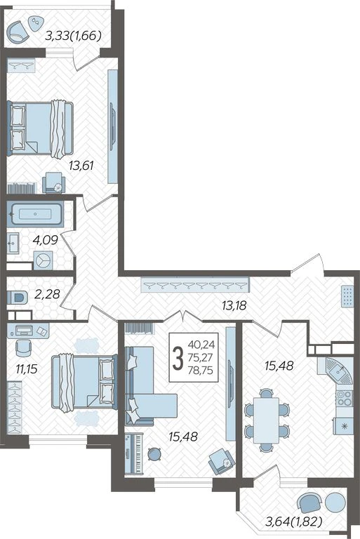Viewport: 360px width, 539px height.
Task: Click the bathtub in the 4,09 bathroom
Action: coord(35,214)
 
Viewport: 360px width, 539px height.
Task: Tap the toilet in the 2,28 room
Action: coord(17,298)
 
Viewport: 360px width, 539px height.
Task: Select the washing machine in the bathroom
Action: coord(44,260)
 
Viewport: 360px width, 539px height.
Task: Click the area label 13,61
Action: coord(81,166)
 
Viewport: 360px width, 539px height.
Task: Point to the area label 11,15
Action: coord(27,369)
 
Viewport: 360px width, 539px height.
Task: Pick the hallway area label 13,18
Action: coord(234,305)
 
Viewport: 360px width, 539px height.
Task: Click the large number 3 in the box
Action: coord(178,358)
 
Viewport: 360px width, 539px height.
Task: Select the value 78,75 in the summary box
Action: coord(201,371)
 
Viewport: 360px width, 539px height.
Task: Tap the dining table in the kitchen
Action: coord(266,420)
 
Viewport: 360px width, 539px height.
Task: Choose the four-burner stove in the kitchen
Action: coord(344,398)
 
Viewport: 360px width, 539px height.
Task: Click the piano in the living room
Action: coord(134,454)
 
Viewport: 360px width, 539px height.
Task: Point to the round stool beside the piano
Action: coord(154,454)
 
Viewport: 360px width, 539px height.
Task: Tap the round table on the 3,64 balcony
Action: coord(335,503)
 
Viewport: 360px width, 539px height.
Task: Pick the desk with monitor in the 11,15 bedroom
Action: coord(28,331)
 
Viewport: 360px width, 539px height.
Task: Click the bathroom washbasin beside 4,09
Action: coord(13,243)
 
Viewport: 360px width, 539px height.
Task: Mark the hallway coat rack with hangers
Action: coord(195,285)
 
